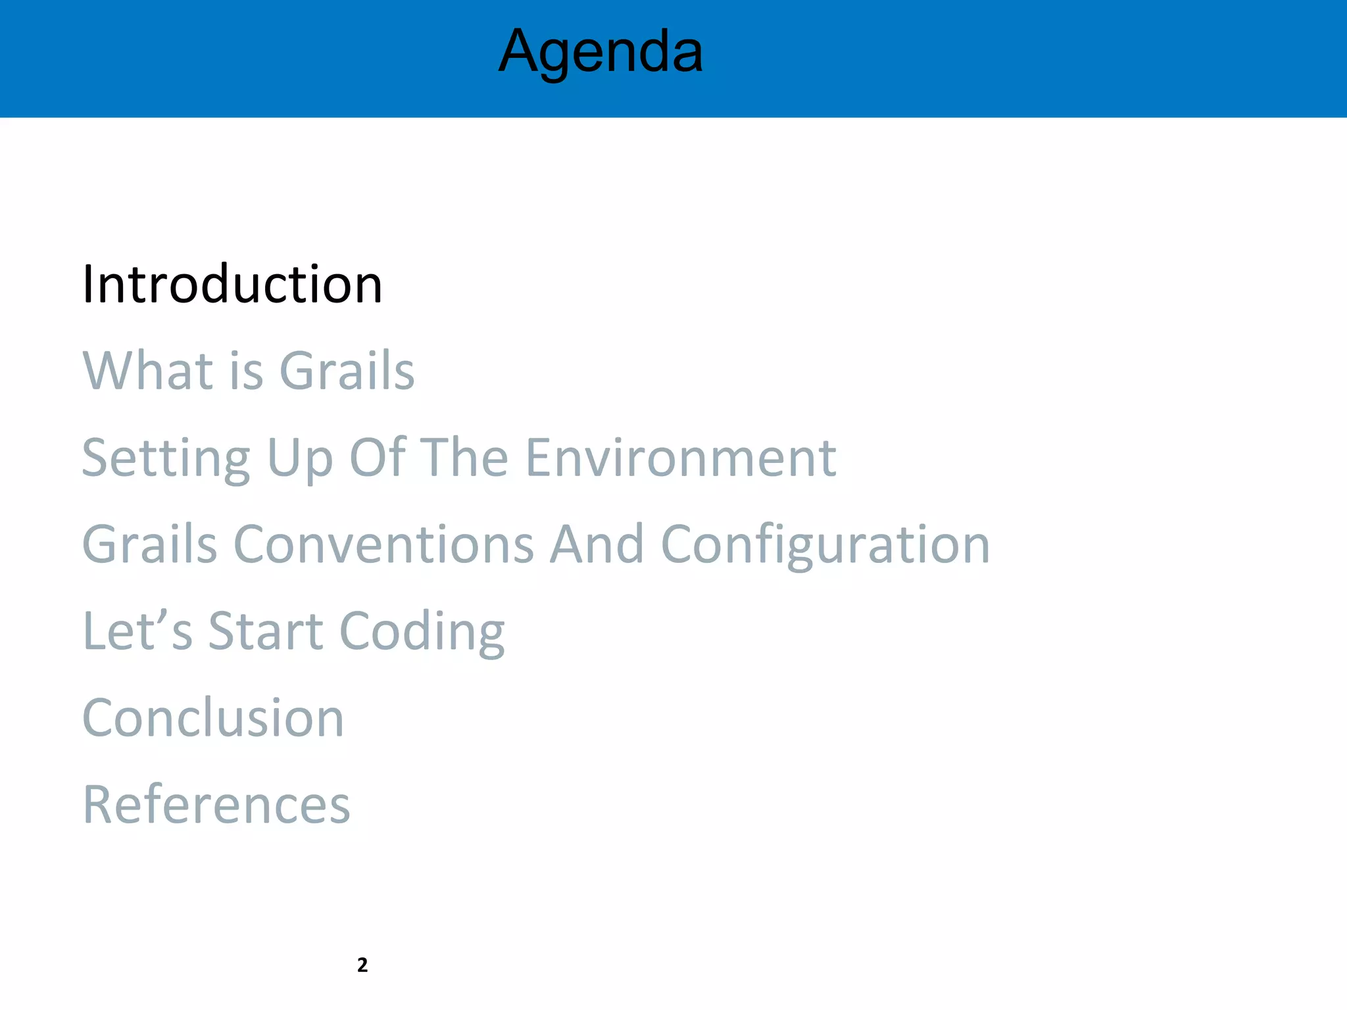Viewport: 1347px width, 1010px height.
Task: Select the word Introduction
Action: [232, 285]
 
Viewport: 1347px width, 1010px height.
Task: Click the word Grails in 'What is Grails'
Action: [347, 371]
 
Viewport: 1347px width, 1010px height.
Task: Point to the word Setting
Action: [166, 458]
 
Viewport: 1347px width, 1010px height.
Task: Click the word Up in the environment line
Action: [300, 458]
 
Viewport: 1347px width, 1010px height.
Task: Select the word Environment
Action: [681, 458]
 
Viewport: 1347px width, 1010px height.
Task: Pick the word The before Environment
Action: [464, 458]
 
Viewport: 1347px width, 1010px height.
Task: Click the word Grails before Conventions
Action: [149, 544]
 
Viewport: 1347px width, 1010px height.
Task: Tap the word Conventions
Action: [383, 544]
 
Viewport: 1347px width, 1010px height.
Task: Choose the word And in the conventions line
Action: [597, 544]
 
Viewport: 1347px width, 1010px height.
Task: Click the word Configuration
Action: [825, 544]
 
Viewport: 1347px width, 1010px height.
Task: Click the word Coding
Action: [422, 631]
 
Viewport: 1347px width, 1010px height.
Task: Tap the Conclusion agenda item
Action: [213, 718]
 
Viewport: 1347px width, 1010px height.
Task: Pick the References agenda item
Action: [216, 805]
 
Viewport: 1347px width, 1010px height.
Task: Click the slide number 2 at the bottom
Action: [362, 965]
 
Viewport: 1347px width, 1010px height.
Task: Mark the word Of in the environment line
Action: [377, 458]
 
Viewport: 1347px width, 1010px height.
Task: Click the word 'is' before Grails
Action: [247, 371]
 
